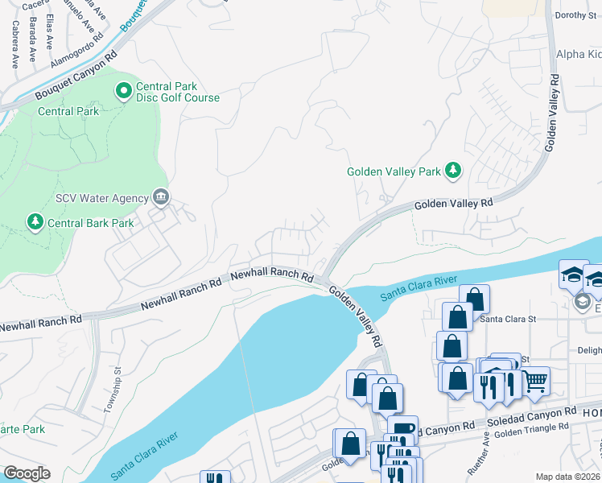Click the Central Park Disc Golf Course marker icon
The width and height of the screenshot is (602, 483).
[x=124, y=92]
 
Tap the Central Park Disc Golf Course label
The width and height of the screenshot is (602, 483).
[x=177, y=92]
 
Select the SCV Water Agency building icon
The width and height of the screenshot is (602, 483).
[x=161, y=198]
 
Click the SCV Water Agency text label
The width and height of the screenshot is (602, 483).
[x=101, y=199]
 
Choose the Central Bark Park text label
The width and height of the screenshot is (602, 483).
[x=89, y=223]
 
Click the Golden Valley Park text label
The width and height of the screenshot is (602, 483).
[x=394, y=171]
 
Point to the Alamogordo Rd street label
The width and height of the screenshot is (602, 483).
[x=77, y=50]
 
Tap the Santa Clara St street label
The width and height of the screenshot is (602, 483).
[x=508, y=319]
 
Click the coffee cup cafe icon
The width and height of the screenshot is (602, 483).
[x=402, y=428]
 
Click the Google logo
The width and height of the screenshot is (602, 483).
[x=27, y=473]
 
